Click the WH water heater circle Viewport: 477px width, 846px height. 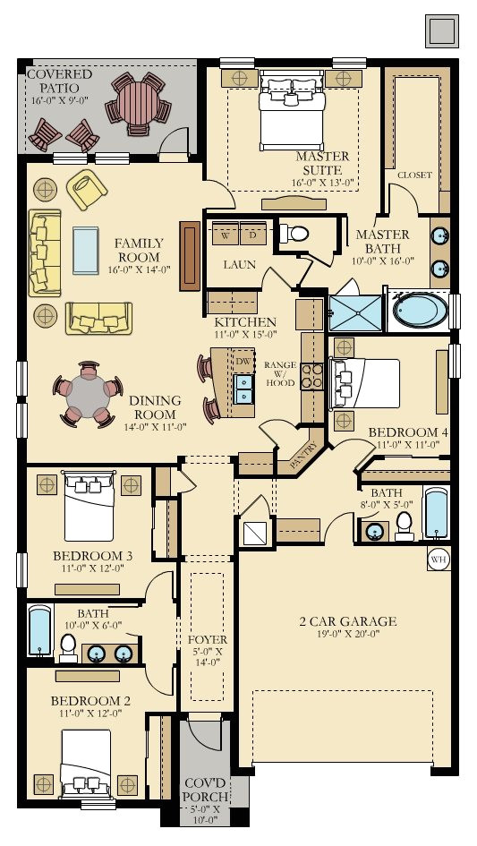(x=439, y=560)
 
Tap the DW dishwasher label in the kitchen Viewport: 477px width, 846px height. (x=244, y=362)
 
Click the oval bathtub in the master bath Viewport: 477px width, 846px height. (x=421, y=311)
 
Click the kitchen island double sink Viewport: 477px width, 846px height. (x=244, y=389)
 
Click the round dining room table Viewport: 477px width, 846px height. (x=88, y=395)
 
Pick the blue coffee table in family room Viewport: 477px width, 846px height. (x=86, y=251)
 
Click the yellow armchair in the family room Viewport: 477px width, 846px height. (x=86, y=189)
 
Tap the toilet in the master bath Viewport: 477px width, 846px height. (x=294, y=234)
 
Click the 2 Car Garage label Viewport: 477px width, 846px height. (x=348, y=621)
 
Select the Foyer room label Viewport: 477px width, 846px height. (x=208, y=640)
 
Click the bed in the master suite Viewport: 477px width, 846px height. (x=292, y=111)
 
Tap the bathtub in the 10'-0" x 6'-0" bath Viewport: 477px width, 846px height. (x=40, y=631)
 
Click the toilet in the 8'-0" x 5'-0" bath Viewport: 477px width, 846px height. (x=405, y=526)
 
